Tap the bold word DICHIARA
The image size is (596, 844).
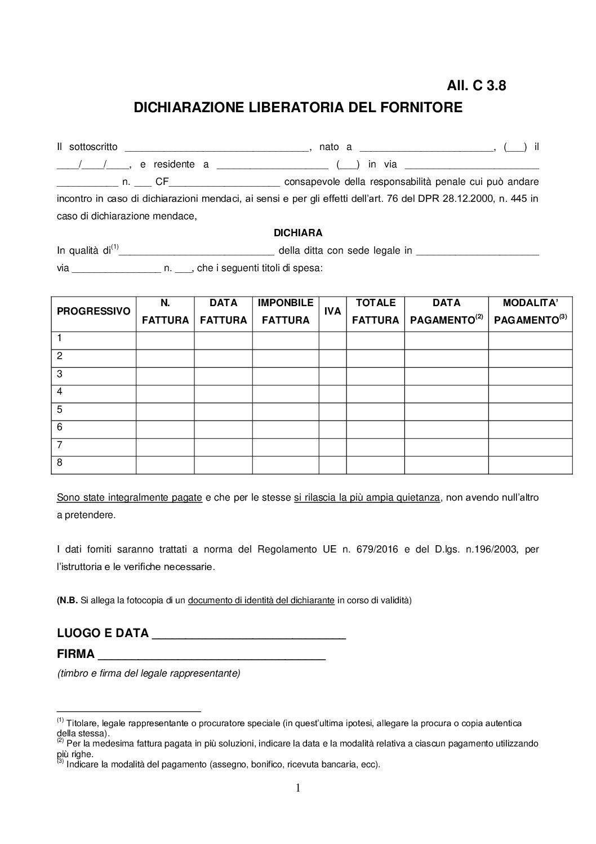pos(298,233)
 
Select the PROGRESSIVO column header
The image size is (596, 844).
pos(94,311)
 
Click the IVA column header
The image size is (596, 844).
pos(333,311)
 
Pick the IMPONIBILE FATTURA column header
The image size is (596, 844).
pos(286,311)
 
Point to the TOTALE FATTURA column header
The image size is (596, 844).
pos(376,311)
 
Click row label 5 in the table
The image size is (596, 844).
pos(60,409)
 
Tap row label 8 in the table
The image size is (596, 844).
pos(60,463)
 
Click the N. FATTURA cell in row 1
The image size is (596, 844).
pos(165,338)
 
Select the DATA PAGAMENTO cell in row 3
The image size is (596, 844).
pos(446,374)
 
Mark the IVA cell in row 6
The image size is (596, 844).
pos(333,427)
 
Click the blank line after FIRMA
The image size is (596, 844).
pos(212,656)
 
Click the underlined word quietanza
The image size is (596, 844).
pos(419,498)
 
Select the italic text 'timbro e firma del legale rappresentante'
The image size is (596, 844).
pos(149,673)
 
